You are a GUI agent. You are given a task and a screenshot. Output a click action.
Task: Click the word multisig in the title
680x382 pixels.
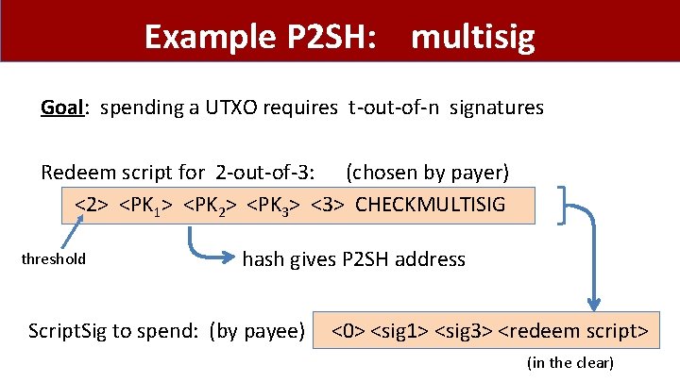click(474, 38)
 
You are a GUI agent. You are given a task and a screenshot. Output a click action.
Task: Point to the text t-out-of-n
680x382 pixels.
click(396, 108)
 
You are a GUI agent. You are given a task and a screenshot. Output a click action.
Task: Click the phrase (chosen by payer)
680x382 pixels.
click(427, 173)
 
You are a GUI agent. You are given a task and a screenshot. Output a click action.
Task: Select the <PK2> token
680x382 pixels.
click(210, 204)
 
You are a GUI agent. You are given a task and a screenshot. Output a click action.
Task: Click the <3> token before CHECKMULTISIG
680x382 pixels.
click(327, 204)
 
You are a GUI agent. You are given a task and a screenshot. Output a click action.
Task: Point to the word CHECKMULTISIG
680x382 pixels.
click(431, 204)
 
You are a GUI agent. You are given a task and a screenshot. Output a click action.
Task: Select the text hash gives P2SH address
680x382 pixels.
click(354, 259)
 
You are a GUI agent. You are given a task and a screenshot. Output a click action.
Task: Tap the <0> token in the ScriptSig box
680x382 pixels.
click(348, 332)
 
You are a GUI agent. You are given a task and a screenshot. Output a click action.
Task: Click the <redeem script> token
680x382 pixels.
click(572, 332)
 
